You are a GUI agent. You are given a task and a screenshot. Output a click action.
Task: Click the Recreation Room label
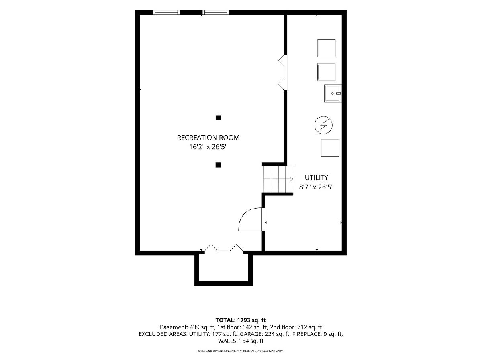[208, 138]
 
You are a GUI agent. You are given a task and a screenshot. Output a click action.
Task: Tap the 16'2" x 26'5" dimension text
[208, 147]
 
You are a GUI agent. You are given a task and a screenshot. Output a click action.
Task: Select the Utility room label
[317, 177]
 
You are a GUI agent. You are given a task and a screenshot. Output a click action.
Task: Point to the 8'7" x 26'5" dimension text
[317, 187]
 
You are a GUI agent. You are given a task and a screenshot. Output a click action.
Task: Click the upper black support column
[218, 118]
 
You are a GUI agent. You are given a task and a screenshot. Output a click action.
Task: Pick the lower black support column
[218, 165]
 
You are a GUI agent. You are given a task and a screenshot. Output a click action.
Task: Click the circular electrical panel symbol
[323, 125]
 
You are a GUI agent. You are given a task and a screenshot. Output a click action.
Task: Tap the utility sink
[333, 93]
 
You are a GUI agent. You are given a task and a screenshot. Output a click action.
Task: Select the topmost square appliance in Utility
[327, 48]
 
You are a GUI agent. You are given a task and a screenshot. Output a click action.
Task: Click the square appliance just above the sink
[327, 72]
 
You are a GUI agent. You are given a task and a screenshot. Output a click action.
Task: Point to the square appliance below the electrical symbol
[330, 148]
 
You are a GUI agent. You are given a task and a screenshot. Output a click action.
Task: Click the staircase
[278, 179]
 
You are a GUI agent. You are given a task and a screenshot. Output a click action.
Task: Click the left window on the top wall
[166, 12]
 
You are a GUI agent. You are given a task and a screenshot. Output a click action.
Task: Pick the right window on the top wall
[216, 12]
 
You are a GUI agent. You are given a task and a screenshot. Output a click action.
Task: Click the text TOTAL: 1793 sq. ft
[241, 320]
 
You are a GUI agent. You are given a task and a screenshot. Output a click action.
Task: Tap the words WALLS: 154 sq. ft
[241, 341]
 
